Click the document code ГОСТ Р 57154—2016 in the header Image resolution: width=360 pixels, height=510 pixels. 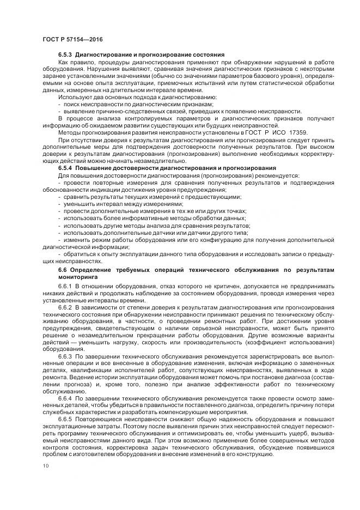(x=72, y=39)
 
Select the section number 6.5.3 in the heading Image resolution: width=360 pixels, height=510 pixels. (x=65, y=55)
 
